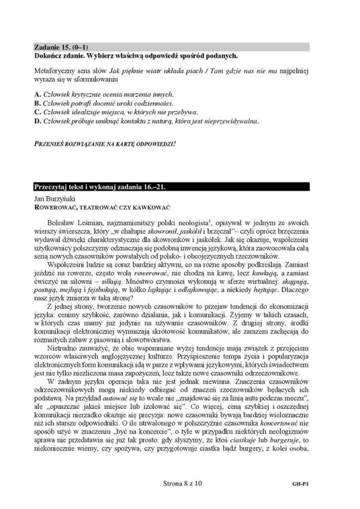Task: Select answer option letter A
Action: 38,94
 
